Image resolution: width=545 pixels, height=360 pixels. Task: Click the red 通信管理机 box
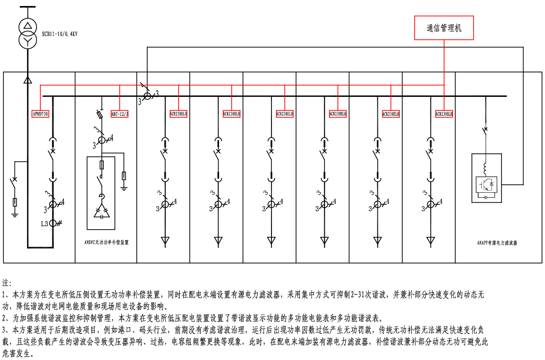point(444,28)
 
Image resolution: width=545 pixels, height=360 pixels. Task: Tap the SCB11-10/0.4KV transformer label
point(60,34)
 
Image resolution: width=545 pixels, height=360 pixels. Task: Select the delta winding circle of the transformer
point(28,26)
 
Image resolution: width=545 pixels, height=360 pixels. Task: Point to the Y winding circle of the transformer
point(28,40)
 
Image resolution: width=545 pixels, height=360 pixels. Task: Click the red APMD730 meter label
point(40,113)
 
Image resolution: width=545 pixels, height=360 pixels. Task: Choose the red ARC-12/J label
point(120,113)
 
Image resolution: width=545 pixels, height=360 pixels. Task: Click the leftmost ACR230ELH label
point(179,113)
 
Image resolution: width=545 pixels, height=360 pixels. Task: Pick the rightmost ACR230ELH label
point(444,113)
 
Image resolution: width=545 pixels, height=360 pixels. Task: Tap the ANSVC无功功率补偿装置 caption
point(106,242)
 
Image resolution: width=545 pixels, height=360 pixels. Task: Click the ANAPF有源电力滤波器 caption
point(497,243)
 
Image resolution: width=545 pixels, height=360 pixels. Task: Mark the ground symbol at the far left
point(15,214)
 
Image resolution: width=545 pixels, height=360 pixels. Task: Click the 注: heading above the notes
point(7,283)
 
